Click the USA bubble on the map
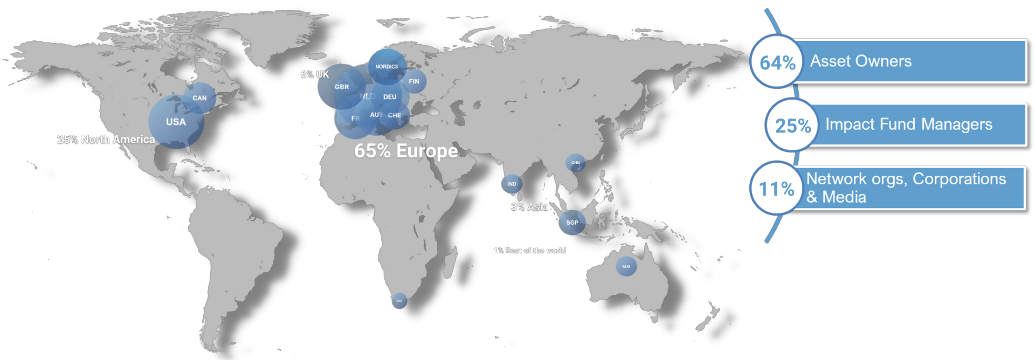tap(176, 122)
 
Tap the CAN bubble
tap(199, 98)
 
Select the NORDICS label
tap(387, 67)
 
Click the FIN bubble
tap(414, 81)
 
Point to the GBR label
tap(342, 87)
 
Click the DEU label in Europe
tap(390, 97)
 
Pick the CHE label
tap(395, 115)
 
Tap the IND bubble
tap(512, 184)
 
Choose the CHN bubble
tap(576, 163)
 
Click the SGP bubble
tap(572, 222)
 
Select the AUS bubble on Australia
tap(626, 266)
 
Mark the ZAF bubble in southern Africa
tap(399, 301)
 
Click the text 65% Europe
tap(406, 151)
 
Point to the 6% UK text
tap(315, 74)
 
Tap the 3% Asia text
tap(529, 207)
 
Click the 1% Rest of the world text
tap(529, 251)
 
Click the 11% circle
tap(776, 189)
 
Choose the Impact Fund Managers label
tap(909, 124)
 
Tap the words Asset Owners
tap(861, 61)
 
